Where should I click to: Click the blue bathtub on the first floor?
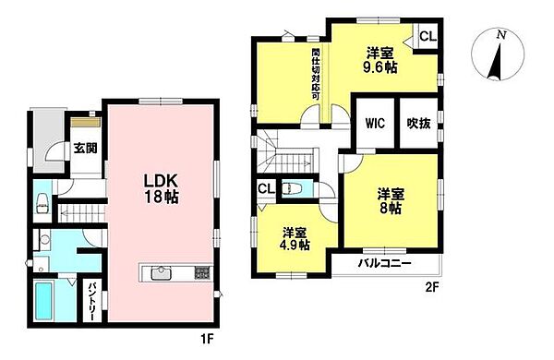(x=47, y=301)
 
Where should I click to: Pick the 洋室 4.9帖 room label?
(x=295, y=239)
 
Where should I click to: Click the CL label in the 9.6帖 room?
(x=428, y=37)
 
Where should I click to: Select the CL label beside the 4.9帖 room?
(x=265, y=189)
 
